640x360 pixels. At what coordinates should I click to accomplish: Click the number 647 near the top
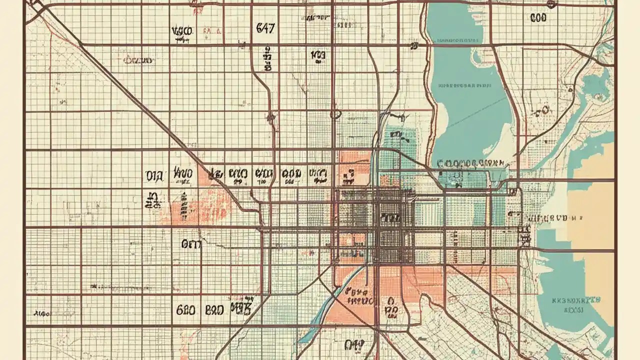tap(265, 28)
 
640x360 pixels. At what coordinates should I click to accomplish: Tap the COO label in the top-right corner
tap(538, 18)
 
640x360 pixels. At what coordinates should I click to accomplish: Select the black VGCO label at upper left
tap(182, 32)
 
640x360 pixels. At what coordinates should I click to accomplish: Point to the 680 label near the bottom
tap(186, 310)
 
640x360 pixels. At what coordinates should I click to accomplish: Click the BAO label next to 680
tap(214, 310)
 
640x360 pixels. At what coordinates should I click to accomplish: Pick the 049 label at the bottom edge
tap(354, 344)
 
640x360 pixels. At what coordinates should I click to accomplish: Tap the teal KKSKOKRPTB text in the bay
tap(576, 300)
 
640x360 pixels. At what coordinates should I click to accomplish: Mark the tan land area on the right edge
tap(595, 225)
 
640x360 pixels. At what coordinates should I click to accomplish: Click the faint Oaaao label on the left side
tap(137, 60)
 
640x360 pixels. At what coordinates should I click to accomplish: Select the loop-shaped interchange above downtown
tap(335, 114)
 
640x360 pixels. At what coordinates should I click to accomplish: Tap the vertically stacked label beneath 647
tap(267, 59)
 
